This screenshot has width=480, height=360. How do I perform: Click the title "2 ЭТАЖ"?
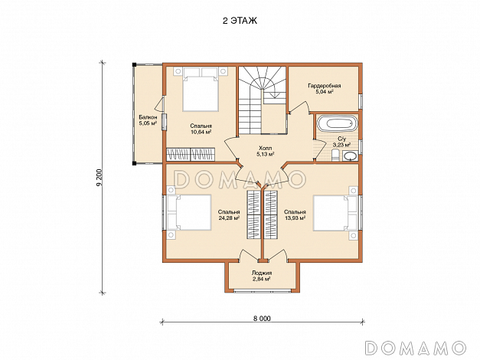240,21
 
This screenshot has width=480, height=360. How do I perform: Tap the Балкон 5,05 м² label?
148,120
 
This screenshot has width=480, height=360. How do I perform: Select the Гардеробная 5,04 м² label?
324,88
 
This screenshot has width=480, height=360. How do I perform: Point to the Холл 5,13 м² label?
265,152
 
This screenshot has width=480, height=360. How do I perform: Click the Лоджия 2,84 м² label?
261,276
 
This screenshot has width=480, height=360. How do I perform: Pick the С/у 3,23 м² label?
341,141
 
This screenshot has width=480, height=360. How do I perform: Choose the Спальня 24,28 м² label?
229,214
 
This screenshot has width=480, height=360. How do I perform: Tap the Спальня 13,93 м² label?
295,214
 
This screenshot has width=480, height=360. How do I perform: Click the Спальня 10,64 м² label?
201,129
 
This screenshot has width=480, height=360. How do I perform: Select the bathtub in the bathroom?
337,123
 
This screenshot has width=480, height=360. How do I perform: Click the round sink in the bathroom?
350,156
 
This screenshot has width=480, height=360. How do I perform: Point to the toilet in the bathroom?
335,155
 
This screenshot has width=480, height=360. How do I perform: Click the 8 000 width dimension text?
262,319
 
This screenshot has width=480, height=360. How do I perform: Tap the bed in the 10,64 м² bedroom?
201,89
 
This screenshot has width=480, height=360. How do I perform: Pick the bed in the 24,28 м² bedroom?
188,212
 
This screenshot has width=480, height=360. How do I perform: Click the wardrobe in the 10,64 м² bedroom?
191,154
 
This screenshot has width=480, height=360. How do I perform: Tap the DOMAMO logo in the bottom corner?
416,348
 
